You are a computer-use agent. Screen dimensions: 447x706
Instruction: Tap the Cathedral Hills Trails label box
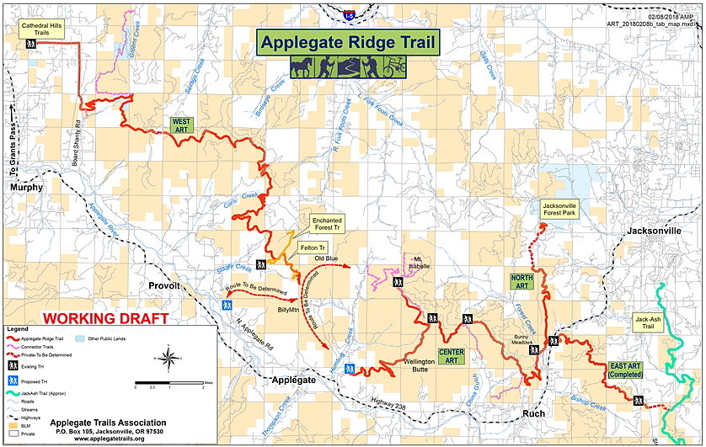tap(43, 29)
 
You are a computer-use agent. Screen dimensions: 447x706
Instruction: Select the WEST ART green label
tap(181, 125)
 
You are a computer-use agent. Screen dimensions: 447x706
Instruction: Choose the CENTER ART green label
tap(452, 355)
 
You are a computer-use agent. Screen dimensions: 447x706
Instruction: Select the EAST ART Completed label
tap(626, 370)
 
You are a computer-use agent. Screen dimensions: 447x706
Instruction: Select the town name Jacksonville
tap(654, 229)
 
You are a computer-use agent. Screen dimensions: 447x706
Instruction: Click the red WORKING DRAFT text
tap(105, 318)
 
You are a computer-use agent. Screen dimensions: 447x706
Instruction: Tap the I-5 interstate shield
tap(349, 14)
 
